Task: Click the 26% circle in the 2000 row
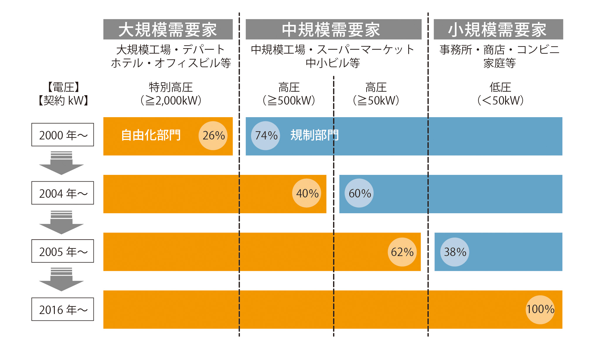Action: tap(213, 136)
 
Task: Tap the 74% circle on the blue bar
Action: tap(265, 136)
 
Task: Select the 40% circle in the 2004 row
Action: tap(306, 193)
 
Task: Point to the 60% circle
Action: tap(359, 193)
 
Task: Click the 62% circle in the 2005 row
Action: tap(402, 252)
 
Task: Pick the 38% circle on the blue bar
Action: tap(455, 252)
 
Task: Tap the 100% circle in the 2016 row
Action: tap(540, 310)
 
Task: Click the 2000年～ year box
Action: tap(63, 135)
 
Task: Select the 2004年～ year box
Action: tap(63, 193)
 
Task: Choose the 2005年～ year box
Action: tap(63, 251)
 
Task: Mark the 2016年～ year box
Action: tap(63, 309)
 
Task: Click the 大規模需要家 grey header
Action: tap(168, 30)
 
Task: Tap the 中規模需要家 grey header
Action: tap(333, 30)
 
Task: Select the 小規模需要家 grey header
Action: tap(498, 30)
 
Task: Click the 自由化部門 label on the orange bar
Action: tap(151, 135)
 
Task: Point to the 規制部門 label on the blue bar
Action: tap(314, 135)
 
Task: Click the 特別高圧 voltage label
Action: tap(171, 87)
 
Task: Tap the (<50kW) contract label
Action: tap(500, 100)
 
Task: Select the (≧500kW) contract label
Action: tap(289, 100)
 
